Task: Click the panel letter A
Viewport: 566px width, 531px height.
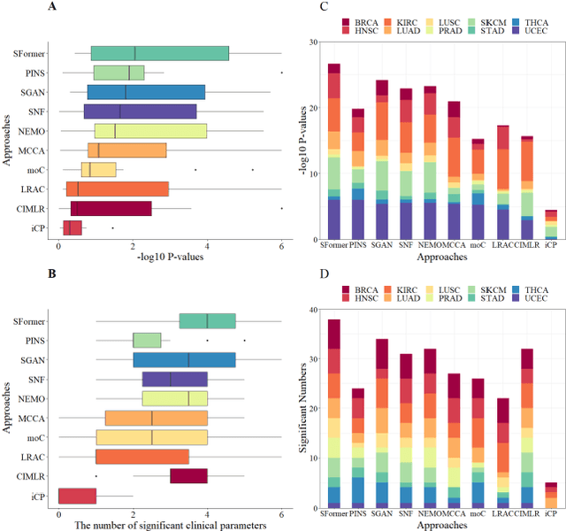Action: click(x=50, y=7)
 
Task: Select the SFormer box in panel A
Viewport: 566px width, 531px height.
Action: click(x=159, y=53)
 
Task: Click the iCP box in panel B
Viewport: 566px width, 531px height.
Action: click(x=77, y=496)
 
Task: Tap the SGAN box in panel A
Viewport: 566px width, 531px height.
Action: click(x=146, y=92)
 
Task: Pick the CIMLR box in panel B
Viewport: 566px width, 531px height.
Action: click(x=188, y=476)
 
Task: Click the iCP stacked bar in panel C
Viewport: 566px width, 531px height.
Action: click(x=551, y=225)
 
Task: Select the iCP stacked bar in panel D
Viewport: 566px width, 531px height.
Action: click(x=551, y=496)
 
